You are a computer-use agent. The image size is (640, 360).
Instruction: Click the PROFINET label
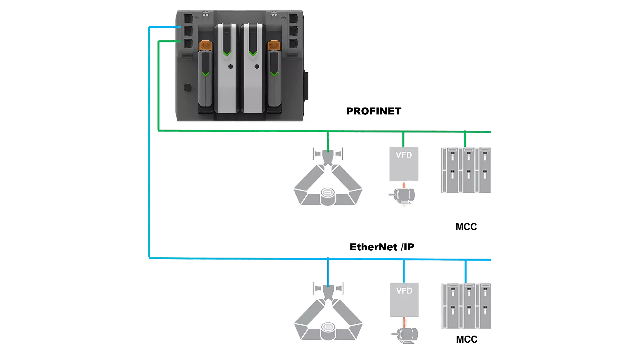pyautogui.click(x=374, y=111)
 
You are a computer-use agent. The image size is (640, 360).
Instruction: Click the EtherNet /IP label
pyautogui.click(x=382, y=247)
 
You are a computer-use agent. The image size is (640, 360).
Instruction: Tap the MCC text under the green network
pyautogui.click(x=466, y=227)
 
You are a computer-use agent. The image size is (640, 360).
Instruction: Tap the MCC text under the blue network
pyautogui.click(x=466, y=340)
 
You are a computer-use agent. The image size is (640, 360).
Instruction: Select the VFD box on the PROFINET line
pyautogui.click(x=404, y=164)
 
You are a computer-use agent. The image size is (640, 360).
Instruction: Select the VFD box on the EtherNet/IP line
pyautogui.click(x=404, y=299)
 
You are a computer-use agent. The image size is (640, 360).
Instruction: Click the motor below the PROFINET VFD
pyautogui.click(x=404, y=195)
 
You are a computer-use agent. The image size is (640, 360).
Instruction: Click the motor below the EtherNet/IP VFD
pyautogui.click(x=406, y=334)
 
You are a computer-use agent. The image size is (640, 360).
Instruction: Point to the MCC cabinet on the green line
pyautogui.click(x=466, y=170)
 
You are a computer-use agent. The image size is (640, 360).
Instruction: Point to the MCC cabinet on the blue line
pyautogui.click(x=466, y=306)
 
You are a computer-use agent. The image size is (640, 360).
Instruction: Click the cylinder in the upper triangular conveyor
pyautogui.click(x=328, y=196)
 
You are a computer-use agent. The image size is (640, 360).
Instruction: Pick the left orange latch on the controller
pyautogui.click(x=205, y=46)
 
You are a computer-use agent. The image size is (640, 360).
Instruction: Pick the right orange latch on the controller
pyautogui.click(x=274, y=46)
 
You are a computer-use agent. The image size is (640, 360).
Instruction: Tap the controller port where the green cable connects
pyautogui.click(x=188, y=43)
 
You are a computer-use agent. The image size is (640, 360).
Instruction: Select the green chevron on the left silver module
pyautogui.click(x=227, y=53)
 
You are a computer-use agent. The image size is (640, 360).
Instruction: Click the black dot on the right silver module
pyautogui.click(x=257, y=67)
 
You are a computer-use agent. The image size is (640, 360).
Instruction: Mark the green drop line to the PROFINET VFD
pyautogui.click(x=403, y=139)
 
